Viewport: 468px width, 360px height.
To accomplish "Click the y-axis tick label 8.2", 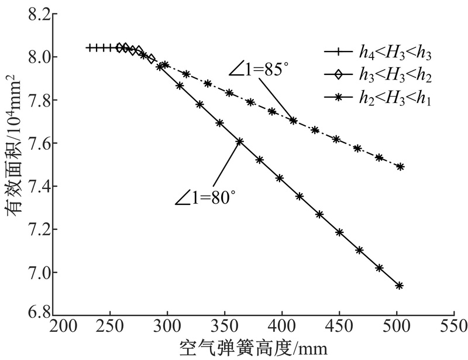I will tap(37, 14).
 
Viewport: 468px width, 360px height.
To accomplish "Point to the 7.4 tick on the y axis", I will tap(37, 187).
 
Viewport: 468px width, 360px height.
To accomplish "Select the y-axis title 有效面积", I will tap(14, 176).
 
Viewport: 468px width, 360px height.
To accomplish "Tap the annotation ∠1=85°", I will tap(259, 71).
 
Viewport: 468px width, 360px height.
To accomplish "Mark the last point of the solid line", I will tap(400, 286).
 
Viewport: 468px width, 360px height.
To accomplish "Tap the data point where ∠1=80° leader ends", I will tap(240, 141).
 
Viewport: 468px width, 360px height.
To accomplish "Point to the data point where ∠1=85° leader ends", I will tap(293, 121).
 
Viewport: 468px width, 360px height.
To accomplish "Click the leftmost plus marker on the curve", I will tap(89, 47).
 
